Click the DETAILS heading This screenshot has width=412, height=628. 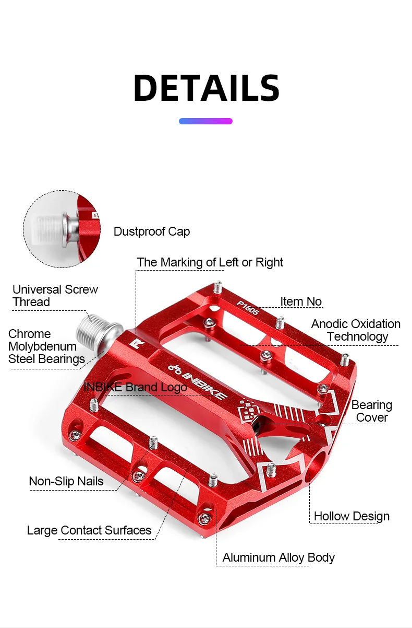pos(206,88)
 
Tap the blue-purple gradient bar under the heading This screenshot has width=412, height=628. pos(205,121)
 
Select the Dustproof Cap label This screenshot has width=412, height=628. pos(152,231)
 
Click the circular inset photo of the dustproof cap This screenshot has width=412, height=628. pos(62,229)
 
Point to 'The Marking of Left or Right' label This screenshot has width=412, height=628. pos(210,262)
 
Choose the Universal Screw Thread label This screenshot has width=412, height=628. pos(55,296)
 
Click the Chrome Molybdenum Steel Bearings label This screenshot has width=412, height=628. pos(46,346)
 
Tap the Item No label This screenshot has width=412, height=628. pos(301,301)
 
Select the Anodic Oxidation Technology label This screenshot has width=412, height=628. pos(356,330)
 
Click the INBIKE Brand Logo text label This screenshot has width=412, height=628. pos(135,387)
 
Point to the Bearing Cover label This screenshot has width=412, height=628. pos(371,411)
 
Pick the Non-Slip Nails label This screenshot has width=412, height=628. pos(66,481)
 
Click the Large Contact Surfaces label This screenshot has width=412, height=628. pos(89,530)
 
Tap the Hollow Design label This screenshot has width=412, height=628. pos(352,516)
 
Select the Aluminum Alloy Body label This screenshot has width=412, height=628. pos(278,557)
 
